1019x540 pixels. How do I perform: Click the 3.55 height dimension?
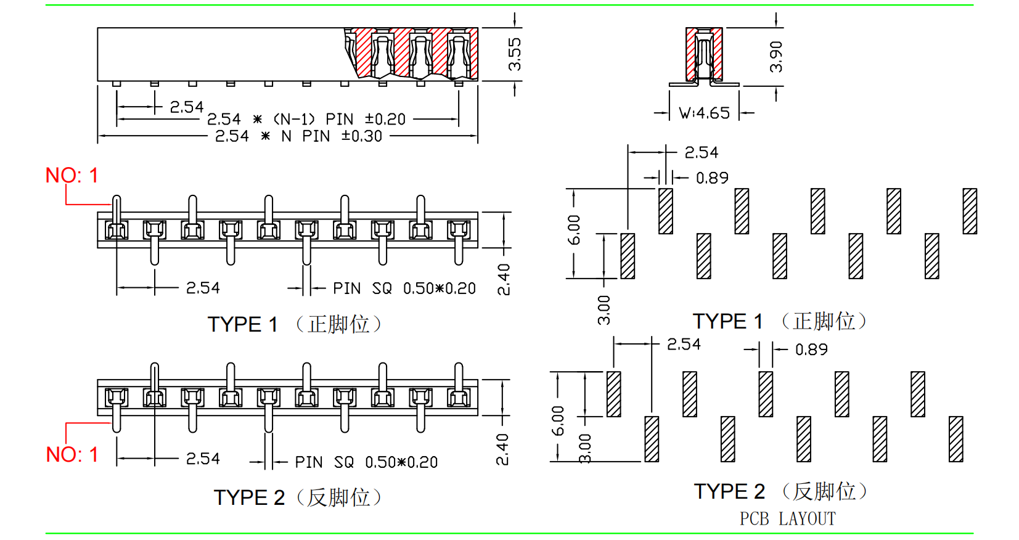(515, 54)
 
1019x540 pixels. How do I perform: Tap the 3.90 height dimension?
(776, 57)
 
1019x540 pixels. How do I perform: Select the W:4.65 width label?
(704, 113)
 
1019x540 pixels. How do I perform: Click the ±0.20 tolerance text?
(385, 119)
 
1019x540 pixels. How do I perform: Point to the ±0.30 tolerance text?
(362, 136)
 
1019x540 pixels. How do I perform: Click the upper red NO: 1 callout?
(72, 176)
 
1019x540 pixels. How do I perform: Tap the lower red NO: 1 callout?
(72, 454)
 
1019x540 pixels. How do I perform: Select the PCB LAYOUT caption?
(787, 518)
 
